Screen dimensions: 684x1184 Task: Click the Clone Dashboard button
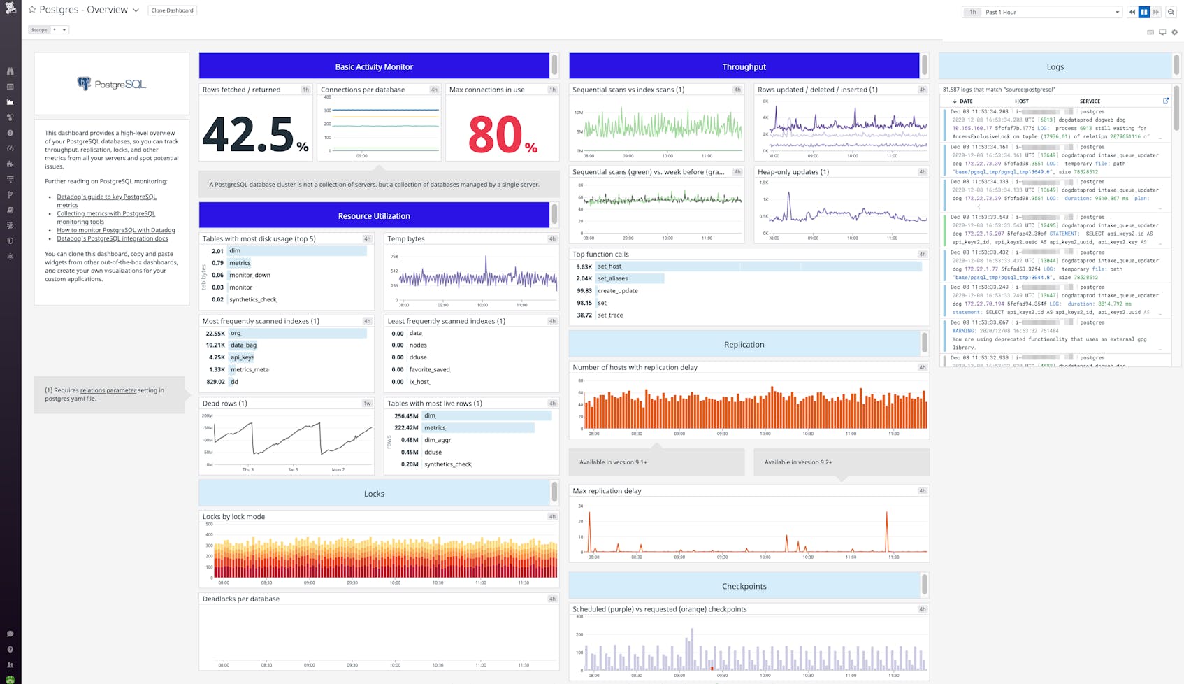(x=172, y=10)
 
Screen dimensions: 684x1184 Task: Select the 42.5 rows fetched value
(x=247, y=134)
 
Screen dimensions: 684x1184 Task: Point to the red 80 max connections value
(x=495, y=134)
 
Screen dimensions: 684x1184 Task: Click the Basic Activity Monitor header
(x=374, y=66)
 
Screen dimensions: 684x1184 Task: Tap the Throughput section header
(x=744, y=66)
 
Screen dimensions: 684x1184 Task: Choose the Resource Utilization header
(x=374, y=216)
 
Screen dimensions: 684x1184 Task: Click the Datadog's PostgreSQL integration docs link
(x=112, y=238)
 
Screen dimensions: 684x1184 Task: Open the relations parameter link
(x=108, y=390)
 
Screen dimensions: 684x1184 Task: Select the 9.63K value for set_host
(x=584, y=266)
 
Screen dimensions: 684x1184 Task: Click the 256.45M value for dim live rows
(x=406, y=415)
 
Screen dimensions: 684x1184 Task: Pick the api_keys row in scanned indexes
(x=242, y=357)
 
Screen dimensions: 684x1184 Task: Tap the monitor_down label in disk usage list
(x=250, y=275)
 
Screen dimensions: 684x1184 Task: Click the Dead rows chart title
(x=224, y=404)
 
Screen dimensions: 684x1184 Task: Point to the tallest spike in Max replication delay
(x=887, y=515)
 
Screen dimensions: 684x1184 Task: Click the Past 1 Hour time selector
(x=1048, y=12)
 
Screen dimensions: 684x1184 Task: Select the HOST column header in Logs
(x=1021, y=101)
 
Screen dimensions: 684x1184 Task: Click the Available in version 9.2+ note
(x=798, y=462)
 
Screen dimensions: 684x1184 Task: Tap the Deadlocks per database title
(x=241, y=599)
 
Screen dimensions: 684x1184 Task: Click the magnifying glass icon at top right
(x=1171, y=12)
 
